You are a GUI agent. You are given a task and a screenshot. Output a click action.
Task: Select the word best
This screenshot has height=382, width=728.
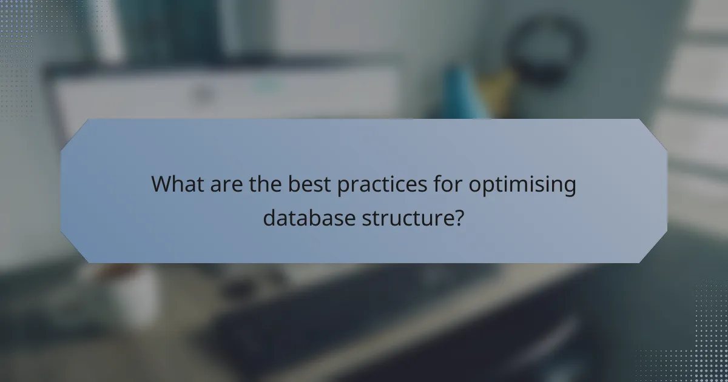point(311,184)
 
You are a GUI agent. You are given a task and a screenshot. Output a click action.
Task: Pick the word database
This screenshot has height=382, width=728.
point(308,217)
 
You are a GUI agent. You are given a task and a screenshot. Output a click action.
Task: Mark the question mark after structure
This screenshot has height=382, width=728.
point(459,217)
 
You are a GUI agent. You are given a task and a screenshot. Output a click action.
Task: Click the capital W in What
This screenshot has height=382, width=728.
point(162,184)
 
